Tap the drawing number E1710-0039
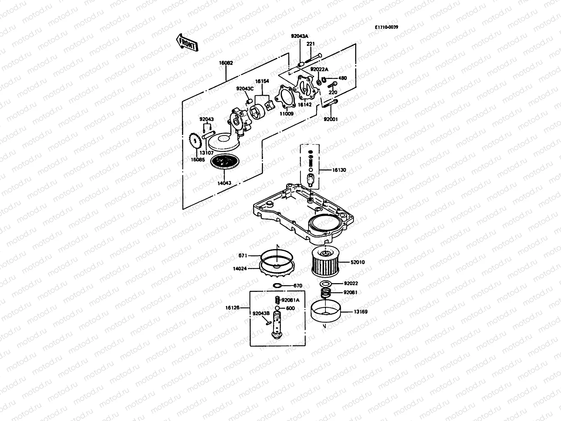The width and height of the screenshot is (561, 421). pyautogui.click(x=386, y=27)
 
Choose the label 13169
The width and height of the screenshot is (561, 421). pyautogui.click(x=361, y=312)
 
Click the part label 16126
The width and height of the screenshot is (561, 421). pyautogui.click(x=232, y=308)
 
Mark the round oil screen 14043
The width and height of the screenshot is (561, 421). pyautogui.click(x=225, y=162)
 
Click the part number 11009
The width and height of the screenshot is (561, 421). pyautogui.click(x=286, y=114)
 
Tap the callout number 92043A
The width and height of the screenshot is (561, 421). pyautogui.click(x=299, y=36)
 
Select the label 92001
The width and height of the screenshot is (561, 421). pyautogui.click(x=330, y=119)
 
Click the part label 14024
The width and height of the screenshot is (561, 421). pyautogui.click(x=240, y=269)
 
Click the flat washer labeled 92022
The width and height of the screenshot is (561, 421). pyautogui.click(x=326, y=283)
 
